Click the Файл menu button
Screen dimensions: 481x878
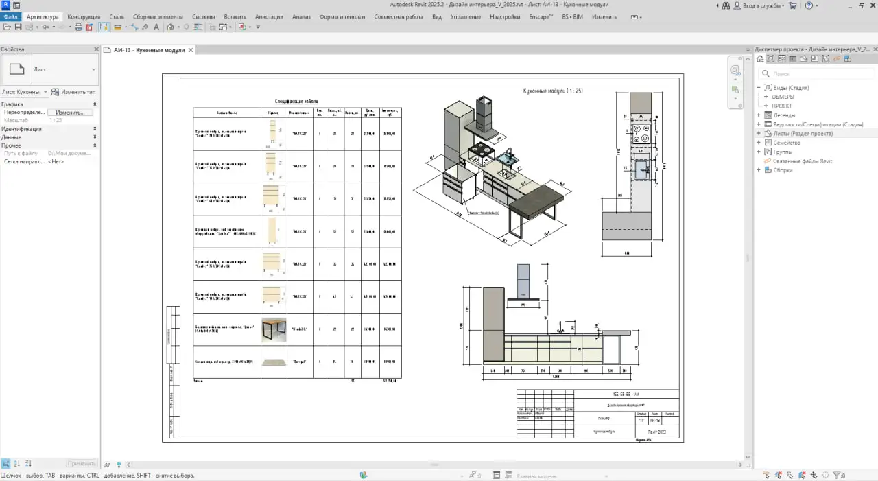coord(10,16)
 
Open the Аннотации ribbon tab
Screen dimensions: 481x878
coord(268,16)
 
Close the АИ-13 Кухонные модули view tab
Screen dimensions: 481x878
coord(191,50)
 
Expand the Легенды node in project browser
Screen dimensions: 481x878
coord(759,115)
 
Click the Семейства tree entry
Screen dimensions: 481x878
coord(787,143)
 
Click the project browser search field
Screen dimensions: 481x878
coord(816,73)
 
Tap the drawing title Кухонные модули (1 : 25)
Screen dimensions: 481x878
coord(553,91)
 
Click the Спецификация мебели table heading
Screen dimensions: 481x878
coord(296,102)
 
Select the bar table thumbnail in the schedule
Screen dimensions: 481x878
coord(274,329)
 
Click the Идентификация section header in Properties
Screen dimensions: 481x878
coord(21,129)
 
